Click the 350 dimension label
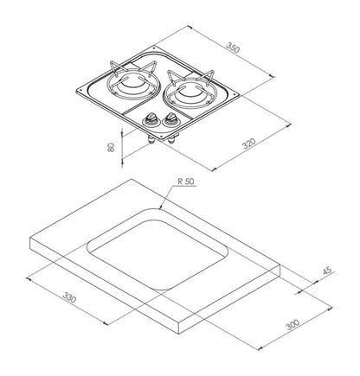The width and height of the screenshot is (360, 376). (x=233, y=48)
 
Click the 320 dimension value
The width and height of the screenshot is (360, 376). (x=248, y=143)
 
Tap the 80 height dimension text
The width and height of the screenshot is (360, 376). (x=111, y=147)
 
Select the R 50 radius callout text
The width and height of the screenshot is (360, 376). (x=186, y=182)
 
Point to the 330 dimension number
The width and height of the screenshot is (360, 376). (x=69, y=297)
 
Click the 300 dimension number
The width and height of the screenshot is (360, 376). (x=292, y=325)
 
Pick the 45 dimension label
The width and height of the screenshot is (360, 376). (x=327, y=271)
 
